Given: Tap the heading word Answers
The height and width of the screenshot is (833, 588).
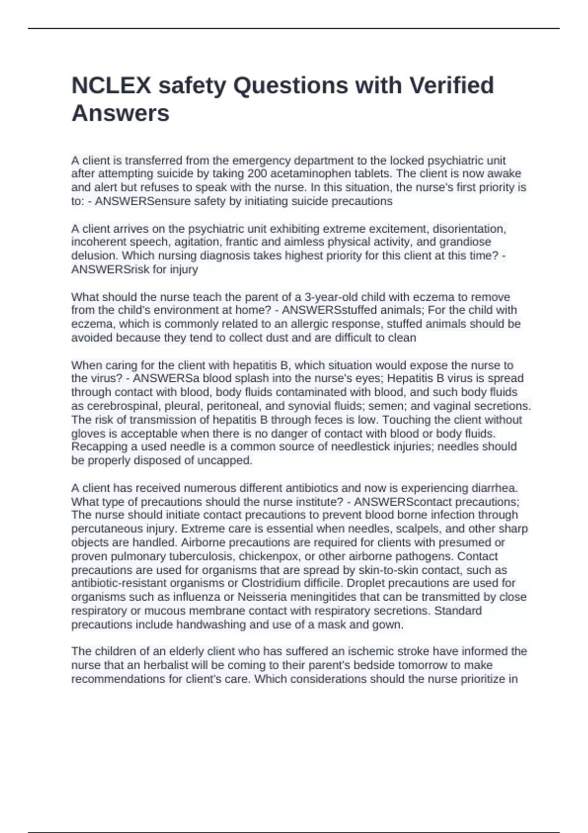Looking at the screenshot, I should (x=121, y=113).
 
